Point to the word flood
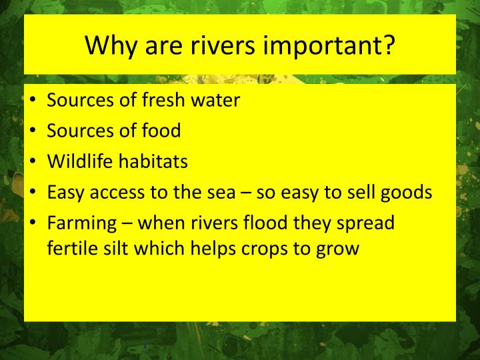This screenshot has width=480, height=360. [x=271, y=222]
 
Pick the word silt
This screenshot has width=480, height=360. [x=119, y=248]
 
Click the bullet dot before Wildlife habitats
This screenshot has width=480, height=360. [x=33, y=162]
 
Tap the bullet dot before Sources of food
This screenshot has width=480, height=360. [x=33, y=131]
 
